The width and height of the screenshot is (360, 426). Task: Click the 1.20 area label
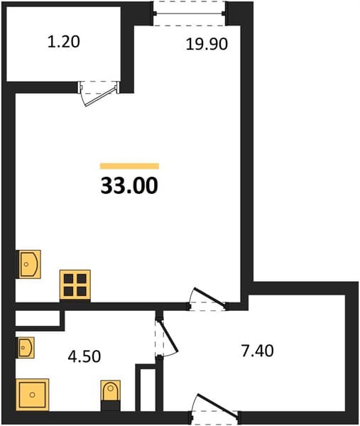point(64,42)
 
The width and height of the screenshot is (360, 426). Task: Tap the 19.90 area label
point(207,44)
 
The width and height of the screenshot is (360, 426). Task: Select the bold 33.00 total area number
point(129,185)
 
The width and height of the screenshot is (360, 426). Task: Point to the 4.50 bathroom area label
point(84,356)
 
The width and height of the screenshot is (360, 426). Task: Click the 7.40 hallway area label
point(257,351)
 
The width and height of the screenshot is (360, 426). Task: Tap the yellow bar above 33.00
point(129,165)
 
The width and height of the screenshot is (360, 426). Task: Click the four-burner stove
point(75,285)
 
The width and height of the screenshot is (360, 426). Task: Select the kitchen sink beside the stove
point(29,264)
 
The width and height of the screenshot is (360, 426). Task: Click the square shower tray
point(33,395)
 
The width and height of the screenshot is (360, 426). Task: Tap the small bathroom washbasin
point(26,347)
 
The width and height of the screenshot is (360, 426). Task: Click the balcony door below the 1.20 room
point(99,92)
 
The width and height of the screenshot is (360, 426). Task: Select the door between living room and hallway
point(208,299)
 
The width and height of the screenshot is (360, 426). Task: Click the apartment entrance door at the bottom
point(214,409)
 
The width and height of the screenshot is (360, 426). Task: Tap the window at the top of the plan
point(189,13)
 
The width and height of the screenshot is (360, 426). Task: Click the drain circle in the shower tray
point(33,395)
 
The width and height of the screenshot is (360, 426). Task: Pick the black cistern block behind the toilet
point(110,405)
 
